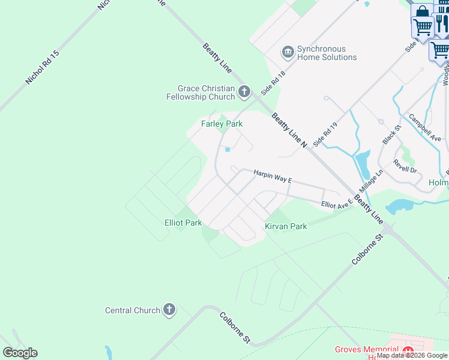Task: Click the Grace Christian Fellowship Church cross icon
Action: pyautogui.click(x=244, y=92)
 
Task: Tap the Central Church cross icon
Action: pyautogui.click(x=169, y=310)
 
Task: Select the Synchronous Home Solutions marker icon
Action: pyautogui.click(x=288, y=53)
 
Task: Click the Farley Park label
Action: pyautogui.click(x=221, y=124)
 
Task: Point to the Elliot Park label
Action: pyautogui.click(x=183, y=223)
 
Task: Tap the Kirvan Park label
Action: pyautogui.click(x=286, y=226)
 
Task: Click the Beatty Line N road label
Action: pyautogui.click(x=289, y=130)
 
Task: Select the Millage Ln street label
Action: pyautogui.click(x=372, y=181)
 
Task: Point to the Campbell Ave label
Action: pyautogui.click(x=424, y=127)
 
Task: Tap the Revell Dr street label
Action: pyautogui.click(x=405, y=166)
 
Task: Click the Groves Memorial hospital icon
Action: pyautogui.click(x=409, y=351)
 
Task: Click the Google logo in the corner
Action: pyautogui.click(x=20, y=353)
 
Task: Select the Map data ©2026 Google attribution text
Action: pyautogui.click(x=412, y=355)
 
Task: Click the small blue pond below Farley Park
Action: pyautogui.click(x=228, y=150)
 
